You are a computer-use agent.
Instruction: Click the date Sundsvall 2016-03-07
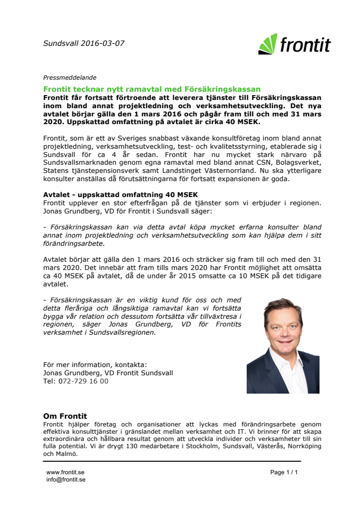[x=83, y=43]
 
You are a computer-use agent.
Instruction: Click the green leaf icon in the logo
[x=267, y=44]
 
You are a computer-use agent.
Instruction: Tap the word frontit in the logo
[x=305, y=45]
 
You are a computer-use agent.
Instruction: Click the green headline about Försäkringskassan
[x=152, y=89]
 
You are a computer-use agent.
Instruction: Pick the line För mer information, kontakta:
[x=95, y=365]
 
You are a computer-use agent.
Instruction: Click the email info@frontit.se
[x=66, y=480]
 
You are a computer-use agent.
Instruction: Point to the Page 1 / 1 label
[x=284, y=472]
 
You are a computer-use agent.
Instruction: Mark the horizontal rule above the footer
[x=172, y=462]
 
